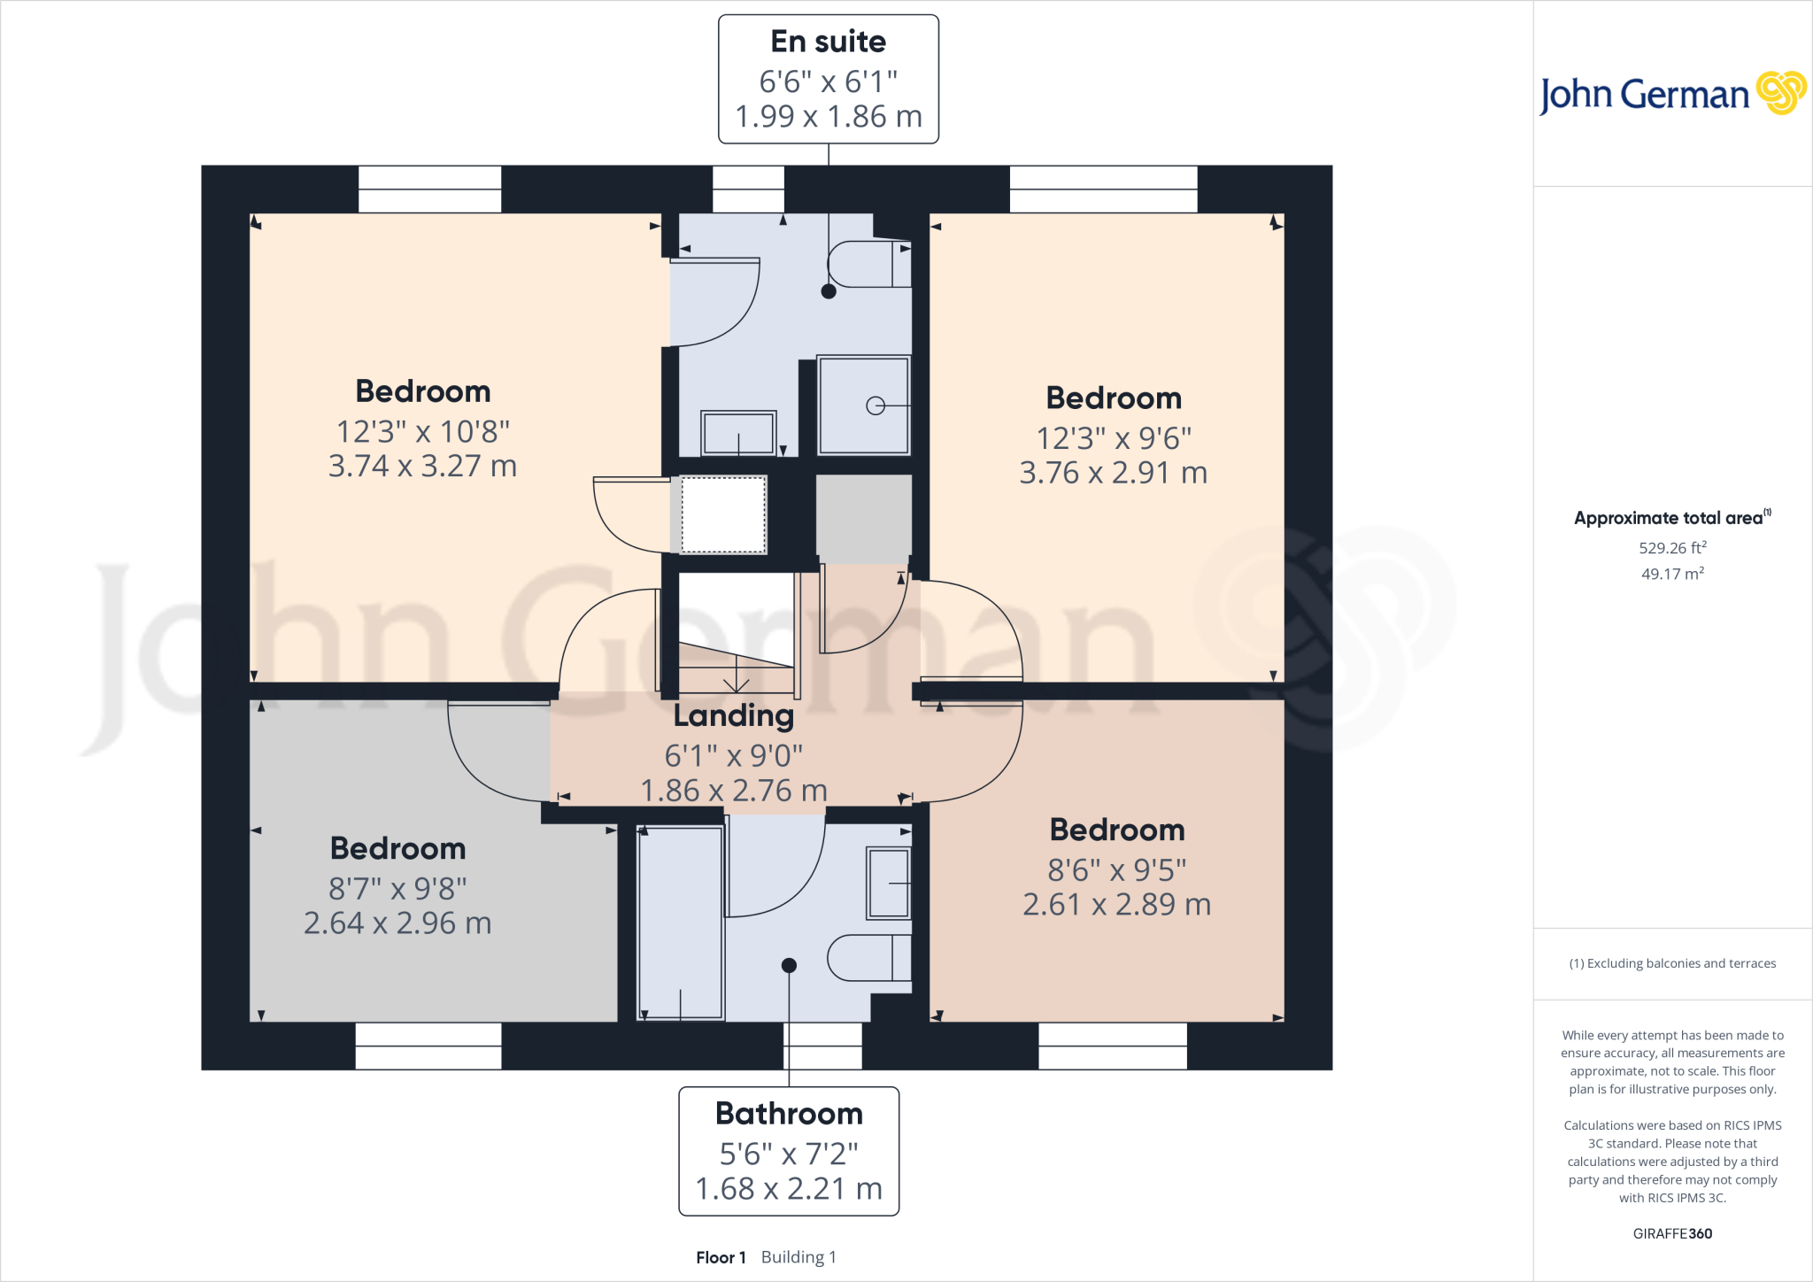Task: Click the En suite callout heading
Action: [828, 42]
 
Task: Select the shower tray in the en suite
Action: [863, 405]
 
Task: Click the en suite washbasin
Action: [738, 433]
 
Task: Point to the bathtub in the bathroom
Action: [680, 923]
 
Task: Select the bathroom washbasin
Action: [888, 884]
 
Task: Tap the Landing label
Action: [733, 715]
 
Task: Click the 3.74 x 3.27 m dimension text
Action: [422, 466]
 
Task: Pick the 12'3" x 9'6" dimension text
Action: [1114, 438]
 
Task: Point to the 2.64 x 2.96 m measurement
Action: [397, 923]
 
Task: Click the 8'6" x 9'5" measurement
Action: [1116, 870]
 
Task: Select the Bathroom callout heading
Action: [789, 1114]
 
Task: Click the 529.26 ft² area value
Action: [1671, 548]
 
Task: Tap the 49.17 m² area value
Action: [1671, 574]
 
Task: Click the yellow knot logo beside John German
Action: [1780, 93]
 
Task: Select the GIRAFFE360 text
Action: [1671, 1233]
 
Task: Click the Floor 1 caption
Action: [721, 1257]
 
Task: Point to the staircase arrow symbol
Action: [737, 683]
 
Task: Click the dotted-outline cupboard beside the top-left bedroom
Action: [722, 514]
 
